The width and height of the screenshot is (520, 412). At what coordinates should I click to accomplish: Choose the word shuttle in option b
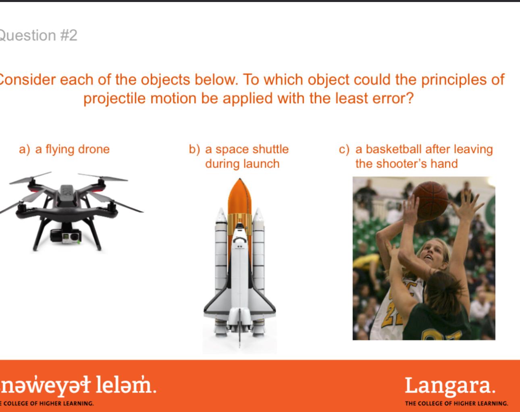pos(269,149)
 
